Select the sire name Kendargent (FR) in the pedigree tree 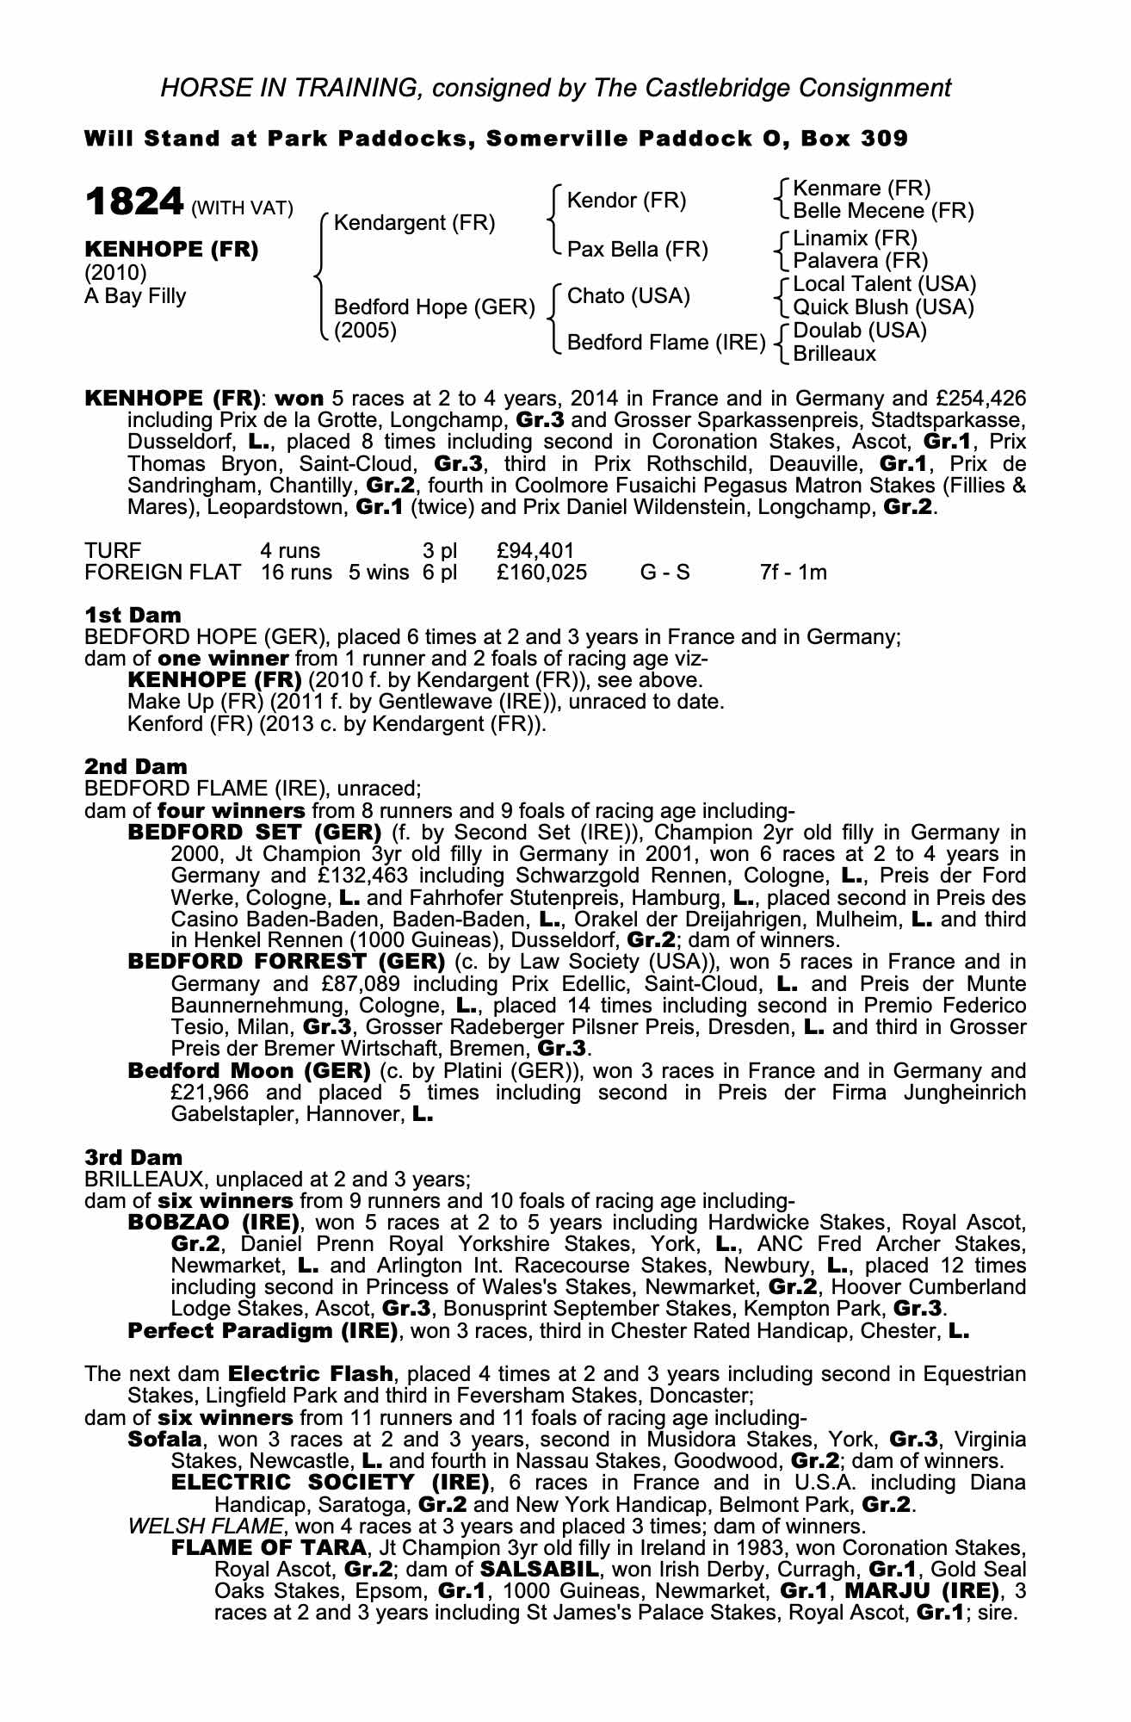[414, 223]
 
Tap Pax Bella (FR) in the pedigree [638, 250]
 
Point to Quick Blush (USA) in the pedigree [883, 307]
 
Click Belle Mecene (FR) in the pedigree [883, 211]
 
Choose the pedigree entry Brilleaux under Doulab [834, 354]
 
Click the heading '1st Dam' [133, 615]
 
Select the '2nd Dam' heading [135, 765]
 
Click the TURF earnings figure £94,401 [535, 550]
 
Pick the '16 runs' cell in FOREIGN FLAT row [296, 573]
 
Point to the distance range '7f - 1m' [793, 573]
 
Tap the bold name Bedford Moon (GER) [249, 1071]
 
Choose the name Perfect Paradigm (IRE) [262, 1331]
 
